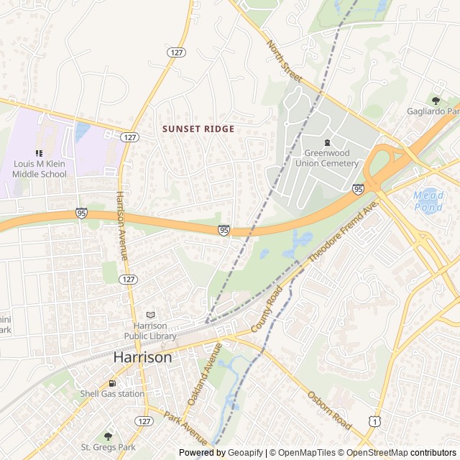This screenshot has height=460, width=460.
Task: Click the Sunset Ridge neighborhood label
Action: [198, 129]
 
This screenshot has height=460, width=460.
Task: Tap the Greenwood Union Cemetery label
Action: [331, 158]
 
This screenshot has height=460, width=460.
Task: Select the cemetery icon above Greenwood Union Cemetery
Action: [327, 142]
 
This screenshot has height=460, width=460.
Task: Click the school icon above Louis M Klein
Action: [39, 153]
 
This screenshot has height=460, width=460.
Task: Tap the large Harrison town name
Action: [143, 357]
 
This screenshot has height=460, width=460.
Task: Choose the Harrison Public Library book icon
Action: [150, 315]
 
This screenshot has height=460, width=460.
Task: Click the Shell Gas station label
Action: [111, 393]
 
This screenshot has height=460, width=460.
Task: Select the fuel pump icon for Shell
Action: [111, 383]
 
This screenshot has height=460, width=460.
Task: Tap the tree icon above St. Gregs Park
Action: [109, 436]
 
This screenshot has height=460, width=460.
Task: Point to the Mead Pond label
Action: [428, 201]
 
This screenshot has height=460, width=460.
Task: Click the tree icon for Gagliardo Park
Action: [436, 101]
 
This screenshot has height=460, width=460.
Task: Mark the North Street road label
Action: [284, 61]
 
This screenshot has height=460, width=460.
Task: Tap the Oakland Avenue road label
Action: [205, 373]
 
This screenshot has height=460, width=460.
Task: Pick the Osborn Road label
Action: [330, 410]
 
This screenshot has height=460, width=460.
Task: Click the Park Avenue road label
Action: [185, 427]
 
